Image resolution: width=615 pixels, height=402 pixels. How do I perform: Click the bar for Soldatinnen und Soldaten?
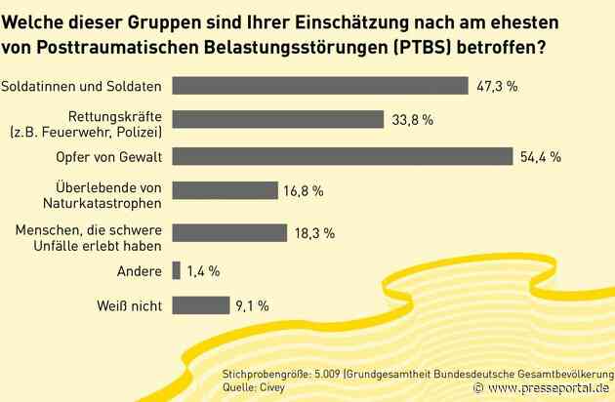[x=319, y=86]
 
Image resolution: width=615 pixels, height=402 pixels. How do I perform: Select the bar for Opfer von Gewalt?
[x=342, y=156]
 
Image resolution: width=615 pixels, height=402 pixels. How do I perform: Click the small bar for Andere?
[x=175, y=269]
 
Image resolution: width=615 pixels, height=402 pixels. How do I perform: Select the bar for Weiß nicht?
[x=200, y=304]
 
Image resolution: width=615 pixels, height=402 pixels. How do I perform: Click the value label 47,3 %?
[x=498, y=87]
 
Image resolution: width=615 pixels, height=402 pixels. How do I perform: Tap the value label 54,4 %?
[x=542, y=157]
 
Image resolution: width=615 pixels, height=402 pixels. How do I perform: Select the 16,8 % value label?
[x=303, y=192]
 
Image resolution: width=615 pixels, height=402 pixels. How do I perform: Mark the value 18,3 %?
[x=314, y=234]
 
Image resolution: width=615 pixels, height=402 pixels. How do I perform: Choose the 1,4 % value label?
[x=200, y=270]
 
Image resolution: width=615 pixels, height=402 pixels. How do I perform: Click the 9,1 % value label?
[x=250, y=305]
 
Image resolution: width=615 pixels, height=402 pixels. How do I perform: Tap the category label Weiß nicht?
[x=126, y=304]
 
